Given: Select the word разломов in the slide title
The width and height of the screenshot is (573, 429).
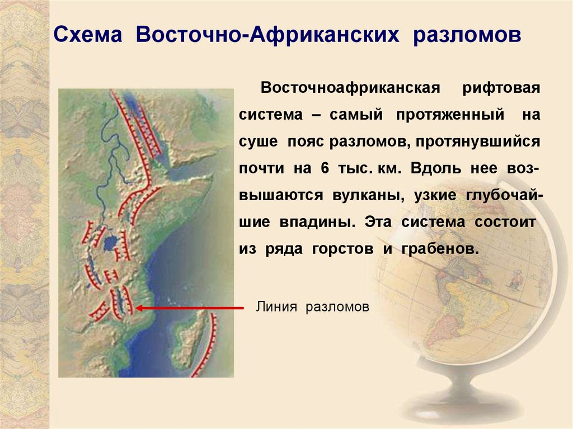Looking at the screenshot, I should pos(467,36).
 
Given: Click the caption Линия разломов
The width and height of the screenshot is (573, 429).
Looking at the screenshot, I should pos(313,307).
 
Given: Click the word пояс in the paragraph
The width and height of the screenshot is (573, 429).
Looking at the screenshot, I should pos(308,142).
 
